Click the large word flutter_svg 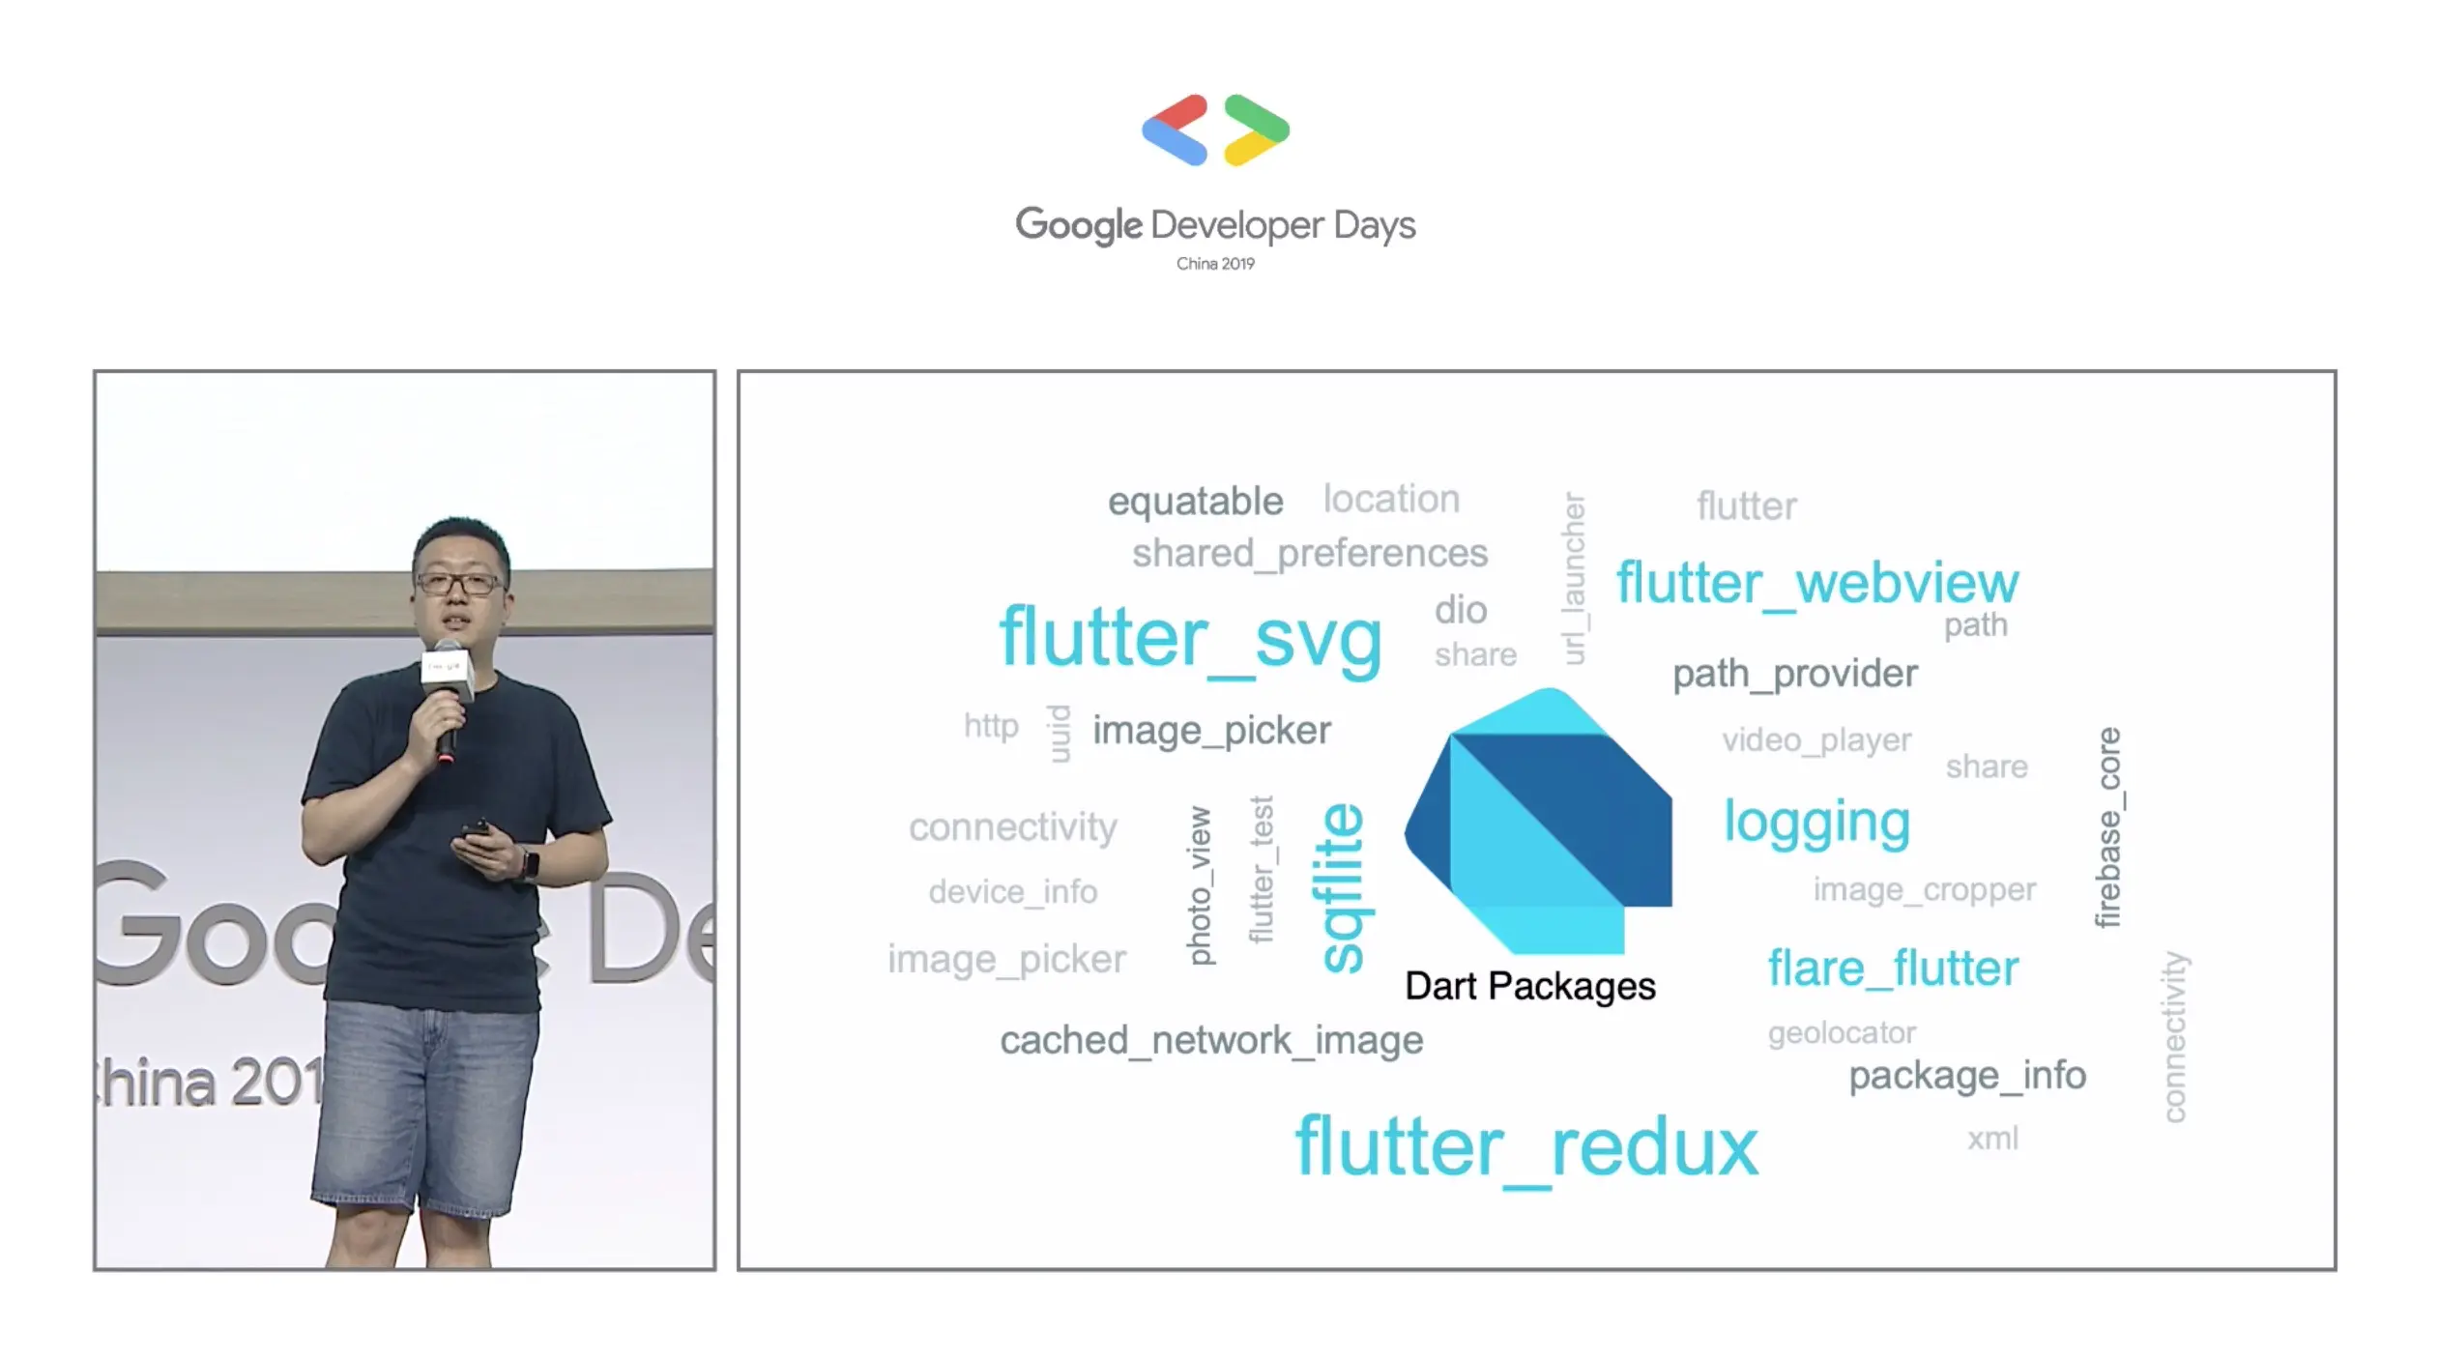point(1190,639)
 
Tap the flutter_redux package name point(1526,1146)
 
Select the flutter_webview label point(1817,584)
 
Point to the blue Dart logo point(1538,821)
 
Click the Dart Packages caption point(1529,986)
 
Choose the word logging point(1817,824)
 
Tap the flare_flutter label point(1893,969)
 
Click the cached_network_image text point(1211,1041)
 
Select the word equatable point(1195,502)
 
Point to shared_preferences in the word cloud point(1310,554)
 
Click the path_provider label point(1795,674)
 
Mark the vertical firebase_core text point(2108,827)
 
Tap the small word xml point(1992,1139)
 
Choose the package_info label point(1967,1076)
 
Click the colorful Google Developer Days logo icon point(1215,130)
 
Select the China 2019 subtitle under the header point(1215,264)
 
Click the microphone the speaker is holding point(447,698)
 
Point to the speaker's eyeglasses point(457,583)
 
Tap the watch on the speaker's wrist point(530,863)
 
